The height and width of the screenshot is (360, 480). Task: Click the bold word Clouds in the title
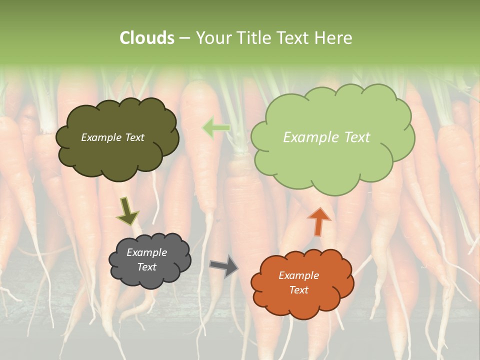[x=146, y=38]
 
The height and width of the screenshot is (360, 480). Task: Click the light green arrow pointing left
[x=216, y=127]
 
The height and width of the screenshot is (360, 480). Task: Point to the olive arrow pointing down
[x=127, y=211]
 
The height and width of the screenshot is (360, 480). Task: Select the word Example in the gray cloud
[x=146, y=252]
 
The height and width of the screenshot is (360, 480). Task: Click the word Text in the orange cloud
[x=298, y=290]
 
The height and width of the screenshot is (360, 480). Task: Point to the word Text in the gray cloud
[x=146, y=267]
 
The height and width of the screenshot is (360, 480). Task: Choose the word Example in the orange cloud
[x=298, y=275]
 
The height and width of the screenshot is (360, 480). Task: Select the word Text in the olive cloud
[x=134, y=137]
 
